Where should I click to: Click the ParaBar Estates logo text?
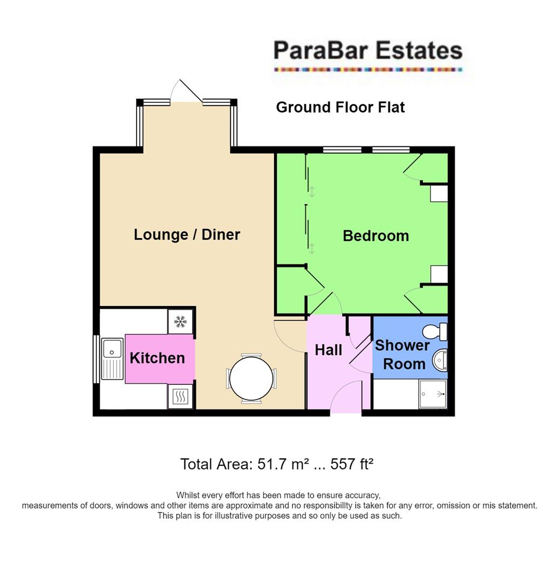point(367,51)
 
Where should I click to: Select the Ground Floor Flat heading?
point(340,107)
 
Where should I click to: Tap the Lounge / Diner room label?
point(187,235)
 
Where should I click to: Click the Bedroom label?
point(376,236)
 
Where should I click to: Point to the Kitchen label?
point(157,358)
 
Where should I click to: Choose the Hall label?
point(328,350)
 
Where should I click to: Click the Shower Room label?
point(402,354)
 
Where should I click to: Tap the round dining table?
point(251,378)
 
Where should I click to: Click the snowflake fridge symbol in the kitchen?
point(180,322)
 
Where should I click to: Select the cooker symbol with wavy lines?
point(180,398)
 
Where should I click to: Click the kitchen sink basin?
point(113,348)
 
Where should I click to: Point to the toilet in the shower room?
point(436,331)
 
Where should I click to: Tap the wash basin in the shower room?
point(440,360)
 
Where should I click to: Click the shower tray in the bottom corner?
point(433,394)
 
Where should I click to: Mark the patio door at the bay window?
point(187,92)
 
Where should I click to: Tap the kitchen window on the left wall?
point(96,360)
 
